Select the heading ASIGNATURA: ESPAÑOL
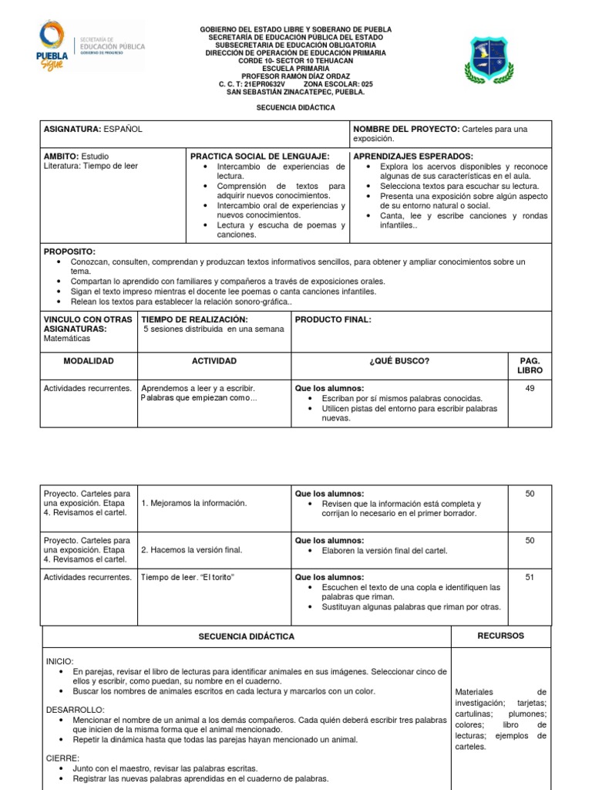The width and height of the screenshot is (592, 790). click(92, 129)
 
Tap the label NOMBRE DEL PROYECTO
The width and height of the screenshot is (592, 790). click(405, 129)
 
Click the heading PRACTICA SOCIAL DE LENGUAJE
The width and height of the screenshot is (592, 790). click(260, 156)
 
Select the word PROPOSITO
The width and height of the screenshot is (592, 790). click(69, 252)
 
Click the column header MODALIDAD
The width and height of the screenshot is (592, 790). click(88, 361)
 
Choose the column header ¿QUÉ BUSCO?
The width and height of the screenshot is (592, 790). click(399, 361)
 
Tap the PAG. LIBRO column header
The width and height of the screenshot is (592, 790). click(530, 366)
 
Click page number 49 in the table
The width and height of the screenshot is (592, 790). click(530, 388)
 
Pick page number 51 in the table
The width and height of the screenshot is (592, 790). click(530, 576)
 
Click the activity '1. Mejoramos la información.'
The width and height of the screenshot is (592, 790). click(193, 503)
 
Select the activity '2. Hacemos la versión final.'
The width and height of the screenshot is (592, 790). click(191, 550)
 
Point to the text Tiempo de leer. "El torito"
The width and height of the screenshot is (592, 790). click(187, 576)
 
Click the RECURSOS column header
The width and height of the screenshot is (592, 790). click(500, 636)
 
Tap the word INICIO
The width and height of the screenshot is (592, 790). click(60, 661)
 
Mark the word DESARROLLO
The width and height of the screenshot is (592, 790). click(75, 708)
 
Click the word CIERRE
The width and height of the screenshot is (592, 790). click(62, 758)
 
